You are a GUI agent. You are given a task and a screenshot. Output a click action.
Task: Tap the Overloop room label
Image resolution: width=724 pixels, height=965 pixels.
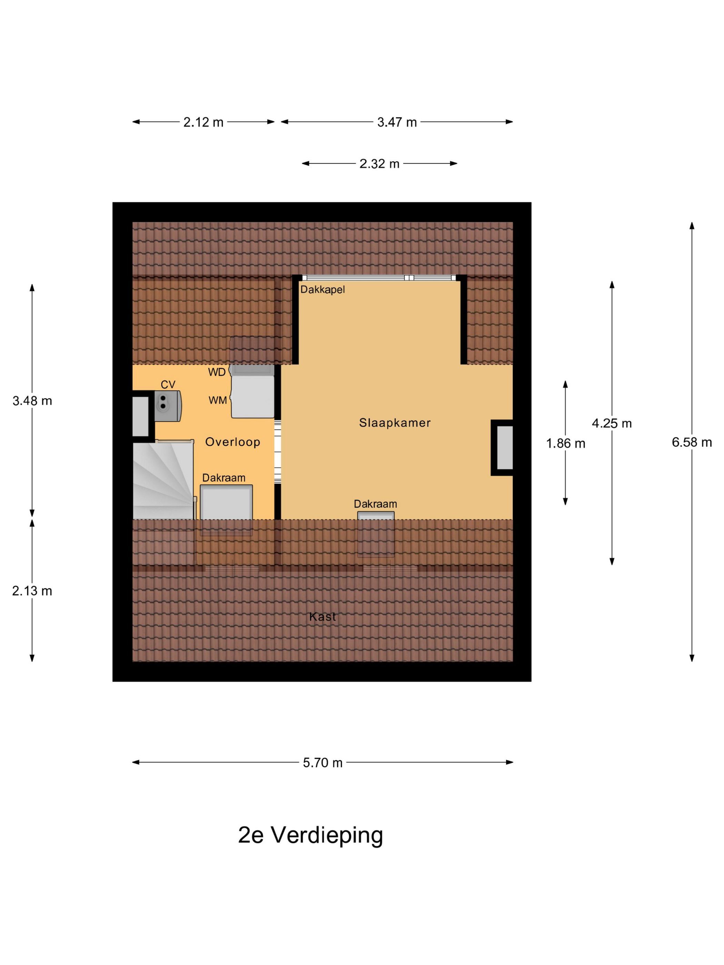click(x=233, y=442)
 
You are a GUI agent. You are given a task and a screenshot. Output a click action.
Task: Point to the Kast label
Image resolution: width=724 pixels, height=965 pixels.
click(x=322, y=617)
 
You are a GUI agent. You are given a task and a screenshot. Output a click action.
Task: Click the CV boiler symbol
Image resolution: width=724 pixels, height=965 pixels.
click(x=168, y=406)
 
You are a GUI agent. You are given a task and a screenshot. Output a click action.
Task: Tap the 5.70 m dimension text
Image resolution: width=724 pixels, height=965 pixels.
click(x=322, y=763)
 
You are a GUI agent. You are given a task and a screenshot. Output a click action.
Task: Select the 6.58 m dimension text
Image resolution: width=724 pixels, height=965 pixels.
click(x=692, y=443)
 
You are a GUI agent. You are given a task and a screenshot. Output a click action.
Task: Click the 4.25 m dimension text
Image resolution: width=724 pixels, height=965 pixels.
click(x=611, y=423)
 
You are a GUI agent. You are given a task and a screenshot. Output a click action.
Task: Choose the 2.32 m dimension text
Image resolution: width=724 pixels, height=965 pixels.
click(x=379, y=164)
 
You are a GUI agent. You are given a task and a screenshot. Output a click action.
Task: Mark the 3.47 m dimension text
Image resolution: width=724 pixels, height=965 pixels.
click(x=397, y=122)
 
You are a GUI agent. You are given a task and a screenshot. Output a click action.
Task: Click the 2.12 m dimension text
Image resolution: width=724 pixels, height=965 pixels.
click(x=203, y=122)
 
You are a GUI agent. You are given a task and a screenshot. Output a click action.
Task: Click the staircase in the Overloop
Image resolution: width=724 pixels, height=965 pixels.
click(x=163, y=480)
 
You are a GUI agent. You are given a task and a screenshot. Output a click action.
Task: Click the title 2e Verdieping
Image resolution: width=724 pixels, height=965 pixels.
click(x=310, y=835)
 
